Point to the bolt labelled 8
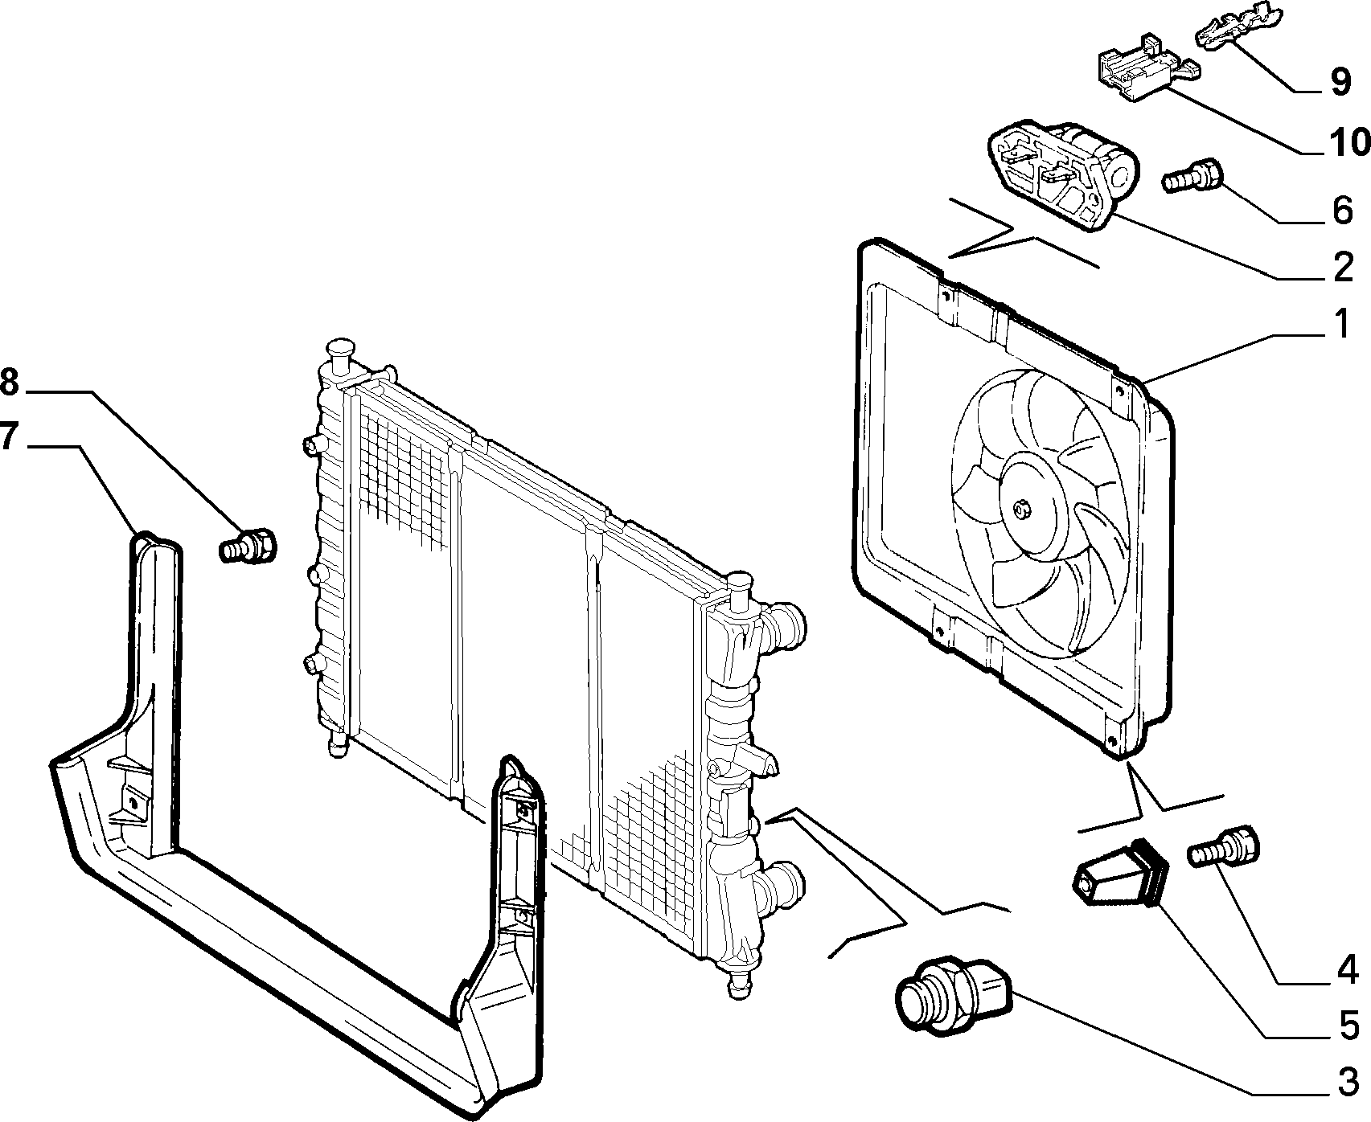(x=248, y=544)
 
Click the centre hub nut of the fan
(x=1022, y=508)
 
